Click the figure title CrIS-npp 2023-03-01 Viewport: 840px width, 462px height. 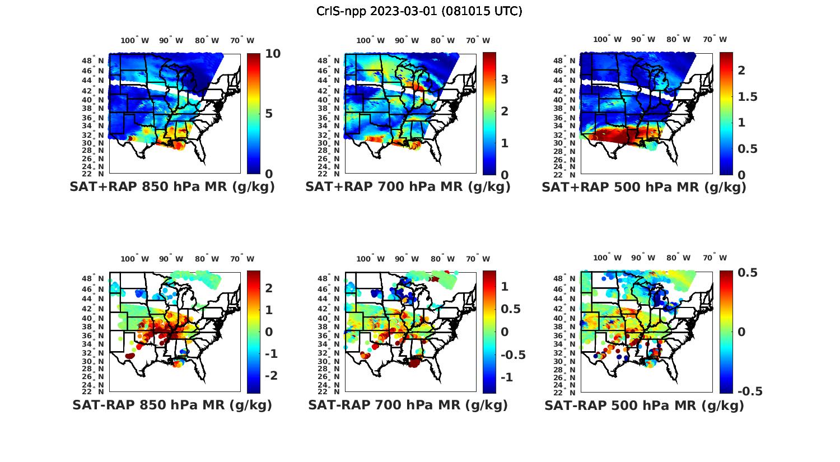[x=419, y=11]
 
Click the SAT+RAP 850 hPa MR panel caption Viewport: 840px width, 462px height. [x=172, y=187]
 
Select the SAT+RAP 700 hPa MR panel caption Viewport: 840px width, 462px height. [x=408, y=187]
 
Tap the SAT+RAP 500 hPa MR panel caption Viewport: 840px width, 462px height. [x=644, y=187]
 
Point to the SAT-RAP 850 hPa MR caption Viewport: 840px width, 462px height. [x=172, y=405]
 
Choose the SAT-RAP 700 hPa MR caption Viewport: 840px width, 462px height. [x=408, y=405]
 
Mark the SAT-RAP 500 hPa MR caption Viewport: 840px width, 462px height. [x=644, y=405]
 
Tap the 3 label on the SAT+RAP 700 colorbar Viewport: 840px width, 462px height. [x=505, y=80]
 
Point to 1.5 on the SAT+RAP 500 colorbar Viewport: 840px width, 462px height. [x=747, y=97]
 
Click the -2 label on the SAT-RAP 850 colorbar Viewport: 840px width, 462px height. [x=270, y=375]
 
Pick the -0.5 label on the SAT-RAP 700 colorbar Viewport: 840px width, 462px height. [x=512, y=354]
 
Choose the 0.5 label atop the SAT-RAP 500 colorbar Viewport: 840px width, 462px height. [x=748, y=273]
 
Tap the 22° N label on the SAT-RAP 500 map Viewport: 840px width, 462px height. [x=570, y=391]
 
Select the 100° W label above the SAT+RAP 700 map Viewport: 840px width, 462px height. [x=370, y=40]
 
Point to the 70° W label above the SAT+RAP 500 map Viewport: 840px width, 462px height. [x=715, y=39]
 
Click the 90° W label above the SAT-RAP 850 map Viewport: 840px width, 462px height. [x=171, y=259]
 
